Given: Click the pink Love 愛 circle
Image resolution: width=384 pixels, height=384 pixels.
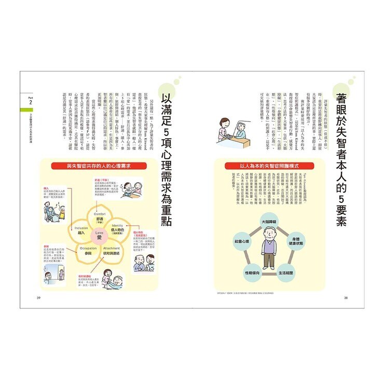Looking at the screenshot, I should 99,236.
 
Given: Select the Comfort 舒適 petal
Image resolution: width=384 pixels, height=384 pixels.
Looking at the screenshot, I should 100,217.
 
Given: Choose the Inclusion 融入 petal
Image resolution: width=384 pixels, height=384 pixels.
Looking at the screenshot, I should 81,230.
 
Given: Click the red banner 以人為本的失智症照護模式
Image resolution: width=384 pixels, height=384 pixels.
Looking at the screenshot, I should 268,167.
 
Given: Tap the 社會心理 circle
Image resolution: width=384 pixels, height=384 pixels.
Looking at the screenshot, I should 242,242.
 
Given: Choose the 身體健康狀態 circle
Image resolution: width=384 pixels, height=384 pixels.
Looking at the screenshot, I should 295,242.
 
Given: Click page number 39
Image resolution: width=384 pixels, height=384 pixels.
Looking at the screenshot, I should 38,298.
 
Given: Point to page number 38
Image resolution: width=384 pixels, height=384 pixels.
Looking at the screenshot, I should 346,298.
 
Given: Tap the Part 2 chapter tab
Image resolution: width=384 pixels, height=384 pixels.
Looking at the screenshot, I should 31,101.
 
